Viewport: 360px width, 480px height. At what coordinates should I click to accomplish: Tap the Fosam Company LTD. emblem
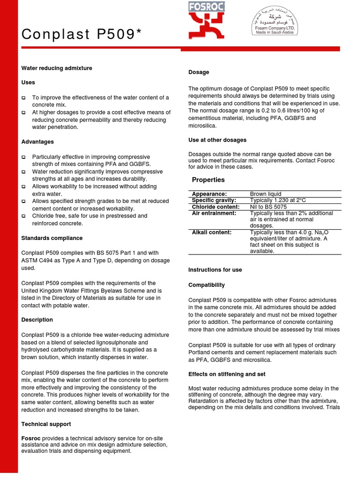coord(274,23)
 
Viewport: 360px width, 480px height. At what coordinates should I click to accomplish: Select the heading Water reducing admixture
coord(57,68)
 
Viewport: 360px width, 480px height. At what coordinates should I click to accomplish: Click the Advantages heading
coord(37,142)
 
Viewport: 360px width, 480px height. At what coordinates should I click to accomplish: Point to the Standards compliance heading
coord(52,238)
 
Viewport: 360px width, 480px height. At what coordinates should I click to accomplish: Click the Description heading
coord(37,320)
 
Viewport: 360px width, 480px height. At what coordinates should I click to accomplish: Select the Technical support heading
coord(46,424)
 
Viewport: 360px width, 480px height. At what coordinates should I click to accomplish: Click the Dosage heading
coord(199,72)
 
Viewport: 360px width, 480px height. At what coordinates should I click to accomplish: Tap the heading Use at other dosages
coord(217,140)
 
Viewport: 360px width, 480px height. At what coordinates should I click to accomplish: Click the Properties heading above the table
coord(208,180)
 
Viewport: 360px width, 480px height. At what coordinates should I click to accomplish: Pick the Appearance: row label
coord(209,194)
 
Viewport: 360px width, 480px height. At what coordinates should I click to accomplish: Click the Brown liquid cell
coord(266,194)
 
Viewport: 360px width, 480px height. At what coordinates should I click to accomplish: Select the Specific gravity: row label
coord(214,200)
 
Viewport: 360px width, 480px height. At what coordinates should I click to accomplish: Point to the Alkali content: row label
coord(211,232)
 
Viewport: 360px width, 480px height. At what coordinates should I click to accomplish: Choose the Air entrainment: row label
coord(214,213)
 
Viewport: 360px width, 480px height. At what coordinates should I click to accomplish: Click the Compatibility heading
coord(206,285)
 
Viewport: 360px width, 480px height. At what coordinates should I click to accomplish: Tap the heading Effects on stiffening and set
coord(227,374)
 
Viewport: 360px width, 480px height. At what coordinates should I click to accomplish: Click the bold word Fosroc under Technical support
coord(30,438)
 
